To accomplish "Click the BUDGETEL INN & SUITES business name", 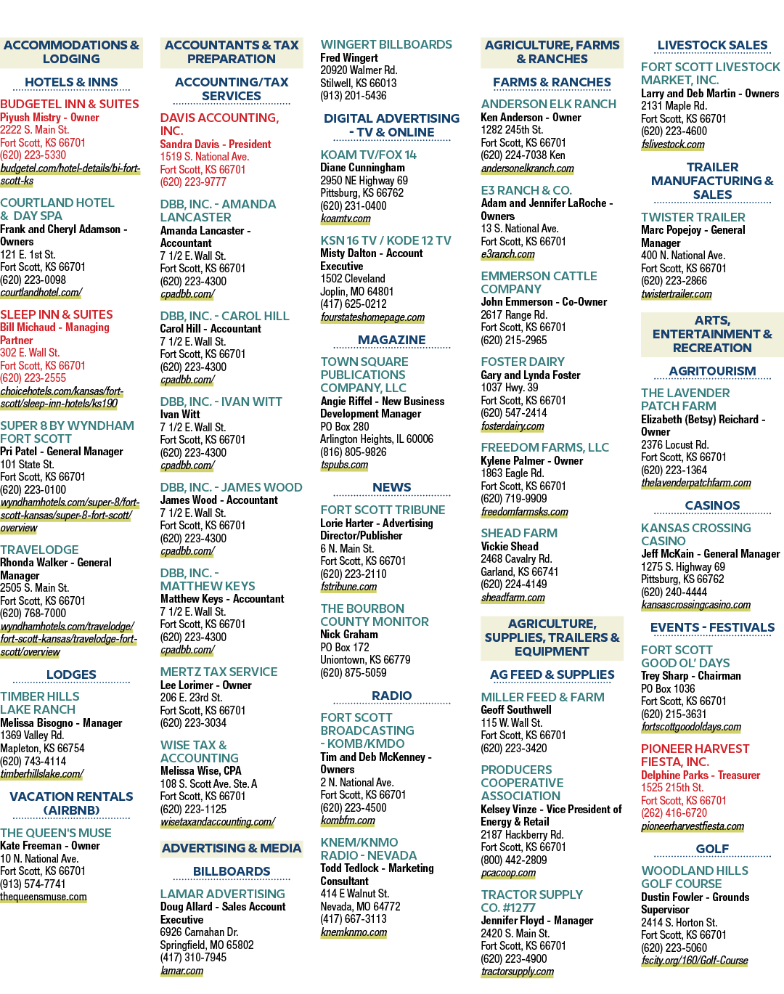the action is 69,105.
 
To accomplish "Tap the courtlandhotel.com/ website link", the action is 41,293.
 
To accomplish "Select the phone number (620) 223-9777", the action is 193,182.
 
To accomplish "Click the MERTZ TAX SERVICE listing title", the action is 219,672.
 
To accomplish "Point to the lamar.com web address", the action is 181,971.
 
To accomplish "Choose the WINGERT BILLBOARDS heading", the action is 386,45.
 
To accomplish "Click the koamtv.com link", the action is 346,219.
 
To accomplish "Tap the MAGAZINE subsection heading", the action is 392,340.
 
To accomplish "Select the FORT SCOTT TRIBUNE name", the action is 383,510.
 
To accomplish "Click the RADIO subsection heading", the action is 392,696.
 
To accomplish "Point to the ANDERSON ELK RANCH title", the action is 548,105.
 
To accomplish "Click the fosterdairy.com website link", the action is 513,426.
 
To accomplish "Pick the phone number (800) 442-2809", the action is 514,860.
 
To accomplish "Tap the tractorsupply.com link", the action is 518,971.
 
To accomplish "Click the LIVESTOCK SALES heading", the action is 712,45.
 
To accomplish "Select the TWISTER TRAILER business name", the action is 693,218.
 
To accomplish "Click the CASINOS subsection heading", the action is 712,506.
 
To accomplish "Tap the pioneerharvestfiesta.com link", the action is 693,826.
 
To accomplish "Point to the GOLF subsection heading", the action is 712,849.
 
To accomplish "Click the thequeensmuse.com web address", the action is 44,897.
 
